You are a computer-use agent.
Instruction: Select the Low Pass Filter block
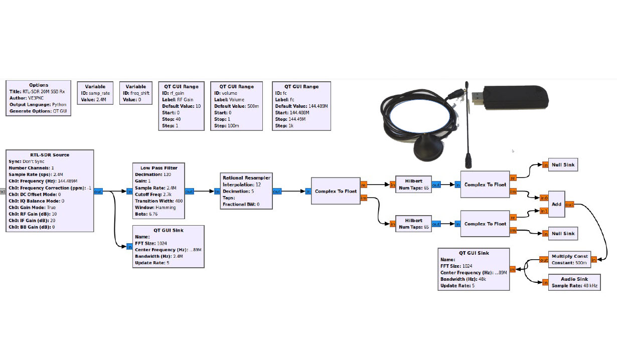tap(158, 191)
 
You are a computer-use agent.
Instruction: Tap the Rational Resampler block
tap(247, 191)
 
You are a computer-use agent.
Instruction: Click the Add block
tap(556, 204)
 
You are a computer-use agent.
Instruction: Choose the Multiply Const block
tap(569, 259)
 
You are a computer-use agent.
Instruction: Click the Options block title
tap(39, 85)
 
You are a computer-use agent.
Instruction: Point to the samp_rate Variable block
tap(95, 93)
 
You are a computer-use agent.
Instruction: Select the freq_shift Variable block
tap(135, 93)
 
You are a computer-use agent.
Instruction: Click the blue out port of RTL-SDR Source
tap(98, 191)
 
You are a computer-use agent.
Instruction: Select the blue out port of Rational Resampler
tap(277, 191)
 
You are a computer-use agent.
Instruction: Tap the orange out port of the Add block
tap(570, 204)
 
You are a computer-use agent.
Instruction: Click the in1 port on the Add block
tap(544, 211)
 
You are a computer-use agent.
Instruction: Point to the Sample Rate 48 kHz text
tap(574, 285)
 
